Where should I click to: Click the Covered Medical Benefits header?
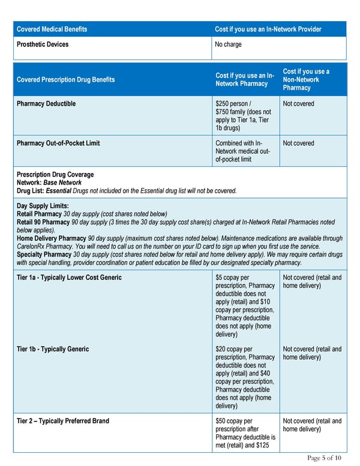point(52,29)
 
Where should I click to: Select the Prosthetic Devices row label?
point(43,44)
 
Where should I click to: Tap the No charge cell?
point(229,44)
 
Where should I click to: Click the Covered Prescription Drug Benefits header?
point(65,80)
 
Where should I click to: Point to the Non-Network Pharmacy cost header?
point(306,80)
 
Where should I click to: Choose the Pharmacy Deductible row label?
point(46,104)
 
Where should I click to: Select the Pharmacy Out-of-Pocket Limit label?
point(58,144)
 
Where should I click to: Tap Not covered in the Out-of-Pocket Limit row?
point(298,144)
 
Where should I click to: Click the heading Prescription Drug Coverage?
point(55,175)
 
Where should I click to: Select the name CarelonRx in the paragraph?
point(32,246)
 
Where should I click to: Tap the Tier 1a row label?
point(69,277)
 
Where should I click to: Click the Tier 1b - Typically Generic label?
point(53,349)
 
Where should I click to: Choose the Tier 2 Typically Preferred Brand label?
point(63,421)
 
